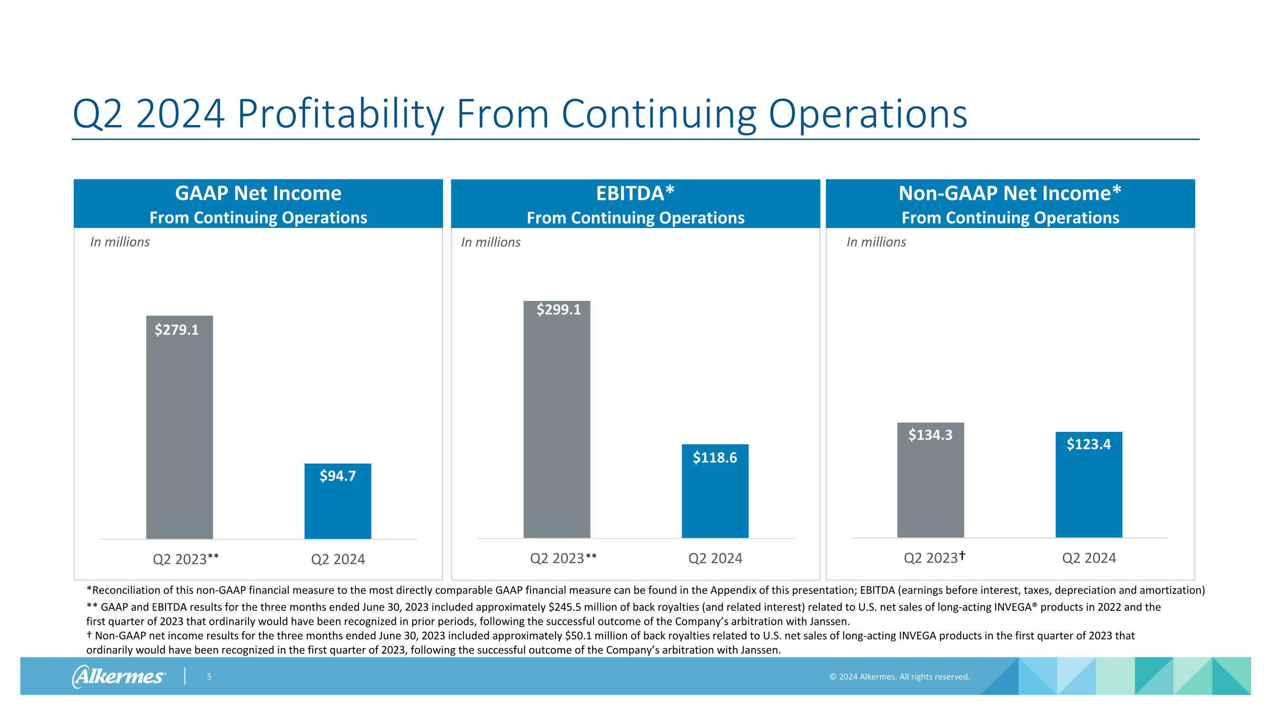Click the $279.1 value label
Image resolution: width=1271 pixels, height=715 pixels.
[177, 330]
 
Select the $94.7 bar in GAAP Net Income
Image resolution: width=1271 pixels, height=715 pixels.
[338, 508]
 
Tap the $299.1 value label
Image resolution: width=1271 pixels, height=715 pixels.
[558, 309]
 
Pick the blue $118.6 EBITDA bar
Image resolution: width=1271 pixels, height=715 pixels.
[715, 498]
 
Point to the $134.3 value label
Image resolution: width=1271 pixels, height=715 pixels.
[930, 435]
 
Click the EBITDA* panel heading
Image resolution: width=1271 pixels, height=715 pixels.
[635, 193]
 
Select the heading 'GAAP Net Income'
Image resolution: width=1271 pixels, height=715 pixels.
[258, 193]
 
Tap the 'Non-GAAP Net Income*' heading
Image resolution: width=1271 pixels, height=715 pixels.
[1010, 193]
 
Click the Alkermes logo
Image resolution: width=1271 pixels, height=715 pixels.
[119, 676]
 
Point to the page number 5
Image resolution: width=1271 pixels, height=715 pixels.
[209, 676]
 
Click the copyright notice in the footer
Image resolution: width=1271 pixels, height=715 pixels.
[899, 676]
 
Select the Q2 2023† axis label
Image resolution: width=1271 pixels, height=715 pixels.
[934, 558]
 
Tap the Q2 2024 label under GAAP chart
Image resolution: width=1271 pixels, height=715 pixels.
[338, 559]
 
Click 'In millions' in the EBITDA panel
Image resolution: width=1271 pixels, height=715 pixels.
[491, 242]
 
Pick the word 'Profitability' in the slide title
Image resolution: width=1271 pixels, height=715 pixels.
[341, 114]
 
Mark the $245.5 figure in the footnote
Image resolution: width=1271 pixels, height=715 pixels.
[564, 607]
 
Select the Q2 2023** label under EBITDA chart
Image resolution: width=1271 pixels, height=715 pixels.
[563, 558]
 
